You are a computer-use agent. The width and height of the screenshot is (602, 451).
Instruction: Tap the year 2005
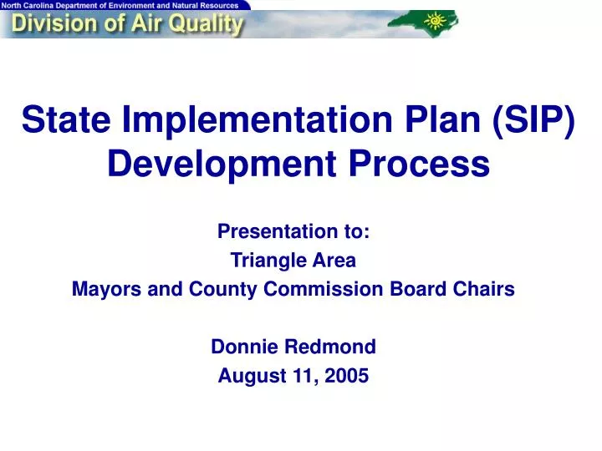tap(348, 375)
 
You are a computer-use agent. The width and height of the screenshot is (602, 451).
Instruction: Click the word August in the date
tap(248, 375)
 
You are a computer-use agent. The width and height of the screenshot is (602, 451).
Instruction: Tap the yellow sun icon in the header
tap(436, 19)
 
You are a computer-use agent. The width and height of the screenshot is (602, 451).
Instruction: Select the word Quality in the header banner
tap(202, 24)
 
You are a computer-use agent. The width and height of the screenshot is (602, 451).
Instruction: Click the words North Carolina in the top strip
tap(32, 5)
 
